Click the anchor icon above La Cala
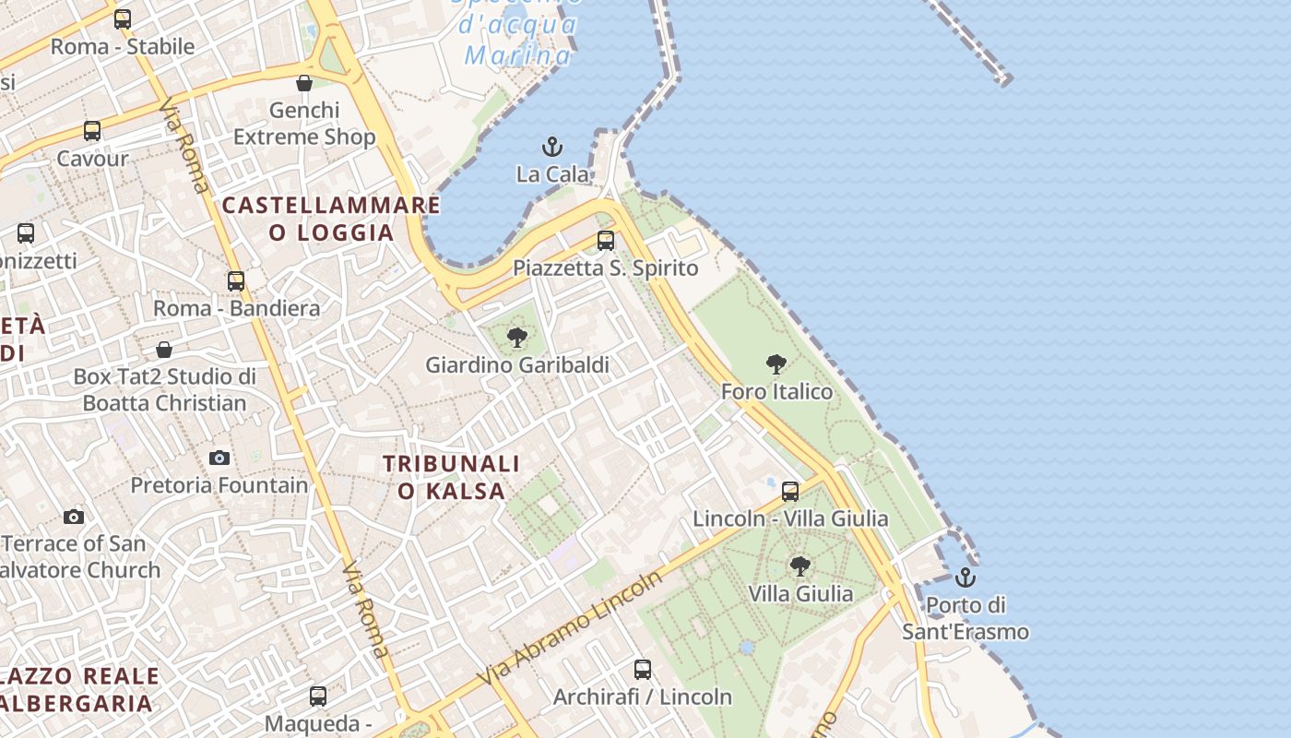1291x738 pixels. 551,147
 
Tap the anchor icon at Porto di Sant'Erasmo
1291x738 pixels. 965,577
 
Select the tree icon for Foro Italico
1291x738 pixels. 776,364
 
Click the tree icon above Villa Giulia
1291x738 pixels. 800,565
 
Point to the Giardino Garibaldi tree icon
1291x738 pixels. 517,338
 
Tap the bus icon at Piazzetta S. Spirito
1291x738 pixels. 606,241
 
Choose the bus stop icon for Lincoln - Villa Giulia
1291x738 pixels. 790,491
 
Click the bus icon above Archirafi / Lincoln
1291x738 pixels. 643,669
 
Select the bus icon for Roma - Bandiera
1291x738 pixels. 236,280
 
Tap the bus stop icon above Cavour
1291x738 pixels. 92,131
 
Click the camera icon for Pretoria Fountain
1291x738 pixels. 219,458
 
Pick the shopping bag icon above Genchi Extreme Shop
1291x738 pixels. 304,83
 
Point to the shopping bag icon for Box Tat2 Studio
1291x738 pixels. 164,350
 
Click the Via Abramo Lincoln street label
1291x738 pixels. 570,628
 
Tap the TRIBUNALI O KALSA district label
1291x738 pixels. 451,477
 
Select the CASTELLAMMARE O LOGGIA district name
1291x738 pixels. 331,218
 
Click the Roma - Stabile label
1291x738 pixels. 123,46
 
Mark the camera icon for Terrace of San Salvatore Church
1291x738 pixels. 74,517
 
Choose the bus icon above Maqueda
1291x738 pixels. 318,696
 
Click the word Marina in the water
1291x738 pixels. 518,55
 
